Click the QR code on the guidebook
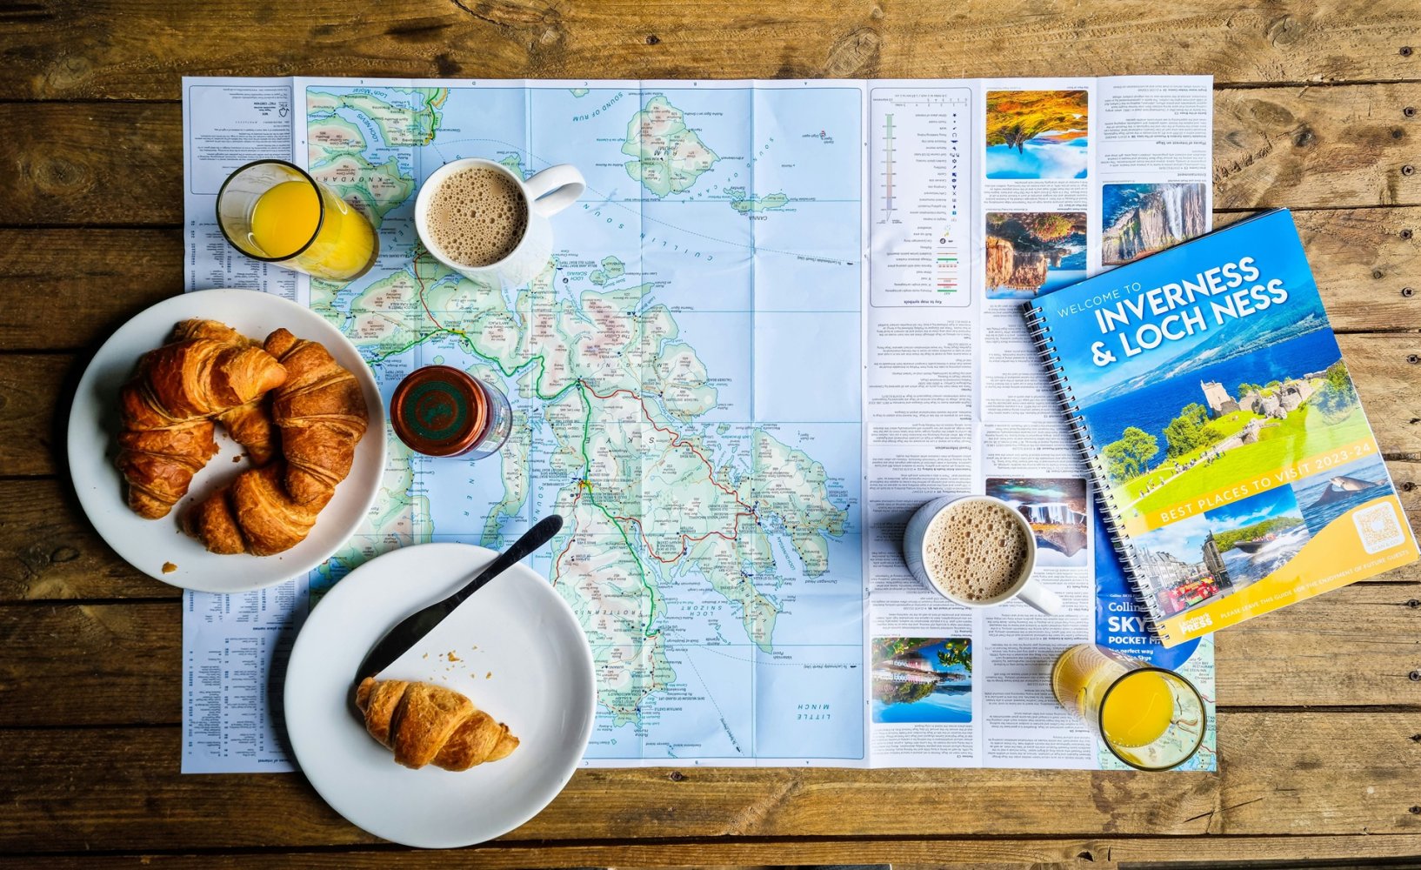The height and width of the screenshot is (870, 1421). tap(1378, 527)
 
